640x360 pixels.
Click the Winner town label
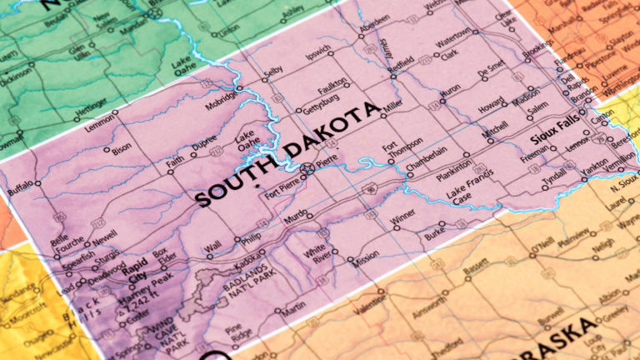pyautogui.click(x=402, y=219)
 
